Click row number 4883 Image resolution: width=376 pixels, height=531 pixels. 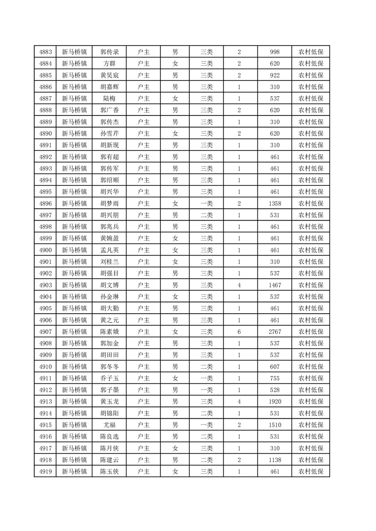pyautogui.click(x=46, y=52)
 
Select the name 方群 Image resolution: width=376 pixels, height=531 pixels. pyautogui.click(x=110, y=63)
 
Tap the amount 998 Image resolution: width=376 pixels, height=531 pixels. pyautogui.click(x=275, y=52)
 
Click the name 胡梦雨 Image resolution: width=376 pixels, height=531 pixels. pyautogui.click(x=110, y=204)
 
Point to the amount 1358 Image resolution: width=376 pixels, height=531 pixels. pyautogui.click(x=275, y=204)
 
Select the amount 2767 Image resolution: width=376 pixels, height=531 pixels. pyautogui.click(x=275, y=331)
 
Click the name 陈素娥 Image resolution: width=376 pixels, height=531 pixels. pyautogui.click(x=110, y=331)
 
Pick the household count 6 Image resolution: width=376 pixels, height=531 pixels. pyautogui.click(x=239, y=331)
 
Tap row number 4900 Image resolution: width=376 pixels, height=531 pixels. pyautogui.click(x=46, y=250)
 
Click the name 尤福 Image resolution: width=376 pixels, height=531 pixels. pyautogui.click(x=110, y=425)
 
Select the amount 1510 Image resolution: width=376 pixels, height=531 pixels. pyautogui.click(x=275, y=425)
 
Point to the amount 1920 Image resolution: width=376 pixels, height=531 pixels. pyautogui.click(x=275, y=401)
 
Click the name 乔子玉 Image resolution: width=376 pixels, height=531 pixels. pyautogui.click(x=110, y=378)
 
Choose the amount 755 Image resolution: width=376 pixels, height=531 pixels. pyautogui.click(x=275, y=378)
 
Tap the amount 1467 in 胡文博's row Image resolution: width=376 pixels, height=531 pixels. pyautogui.click(x=275, y=285)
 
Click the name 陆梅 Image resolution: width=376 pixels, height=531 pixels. pyautogui.click(x=110, y=98)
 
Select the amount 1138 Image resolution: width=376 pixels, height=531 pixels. pyautogui.click(x=275, y=460)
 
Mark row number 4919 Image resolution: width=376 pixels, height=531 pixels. pyautogui.click(x=46, y=471)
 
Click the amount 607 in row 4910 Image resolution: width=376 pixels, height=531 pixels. pyautogui.click(x=275, y=366)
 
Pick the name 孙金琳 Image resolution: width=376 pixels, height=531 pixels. pyautogui.click(x=110, y=297)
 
